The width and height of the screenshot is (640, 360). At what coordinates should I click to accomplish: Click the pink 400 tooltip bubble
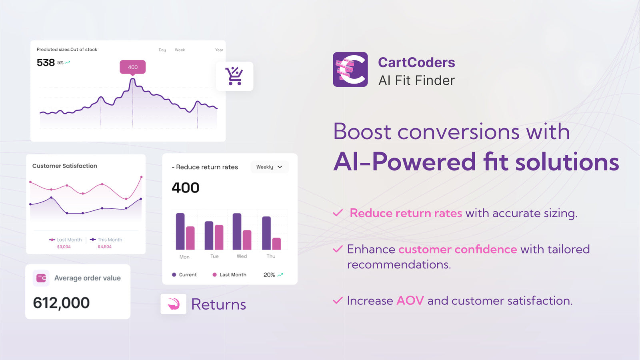[x=132, y=68]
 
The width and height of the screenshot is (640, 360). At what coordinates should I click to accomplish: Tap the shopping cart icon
[x=234, y=76]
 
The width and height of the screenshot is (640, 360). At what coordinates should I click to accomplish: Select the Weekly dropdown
[x=270, y=167]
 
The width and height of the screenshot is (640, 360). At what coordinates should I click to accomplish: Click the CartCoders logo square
[x=350, y=70]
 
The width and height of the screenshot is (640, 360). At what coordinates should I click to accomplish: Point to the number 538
[x=46, y=62]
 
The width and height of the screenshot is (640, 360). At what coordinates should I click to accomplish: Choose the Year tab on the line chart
[x=219, y=50]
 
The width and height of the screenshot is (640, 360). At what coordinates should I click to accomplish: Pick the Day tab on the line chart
[x=162, y=50]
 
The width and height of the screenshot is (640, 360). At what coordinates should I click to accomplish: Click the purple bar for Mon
[x=180, y=232]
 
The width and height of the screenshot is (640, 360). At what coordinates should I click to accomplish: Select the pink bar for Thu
[x=276, y=244]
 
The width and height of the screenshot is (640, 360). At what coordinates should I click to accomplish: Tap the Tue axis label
[x=214, y=256]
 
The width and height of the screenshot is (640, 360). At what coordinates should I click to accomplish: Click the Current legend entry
[x=184, y=274]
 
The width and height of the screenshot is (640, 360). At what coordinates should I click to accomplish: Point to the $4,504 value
[x=104, y=246]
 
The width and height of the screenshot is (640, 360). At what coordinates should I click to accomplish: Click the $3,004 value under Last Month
[x=64, y=246]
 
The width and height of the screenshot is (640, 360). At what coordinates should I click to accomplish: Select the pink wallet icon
[x=41, y=278]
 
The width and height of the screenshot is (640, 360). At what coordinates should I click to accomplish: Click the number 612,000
[x=61, y=303]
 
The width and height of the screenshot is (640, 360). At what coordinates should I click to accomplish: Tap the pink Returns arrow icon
[x=174, y=304]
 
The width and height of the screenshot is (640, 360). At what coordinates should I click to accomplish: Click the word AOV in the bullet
[x=410, y=300]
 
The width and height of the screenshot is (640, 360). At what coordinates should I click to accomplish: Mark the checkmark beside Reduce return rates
[x=338, y=213]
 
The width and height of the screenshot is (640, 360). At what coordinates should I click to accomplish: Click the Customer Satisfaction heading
[x=64, y=166]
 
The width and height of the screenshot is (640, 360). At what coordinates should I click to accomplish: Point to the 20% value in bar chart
[x=269, y=275]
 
